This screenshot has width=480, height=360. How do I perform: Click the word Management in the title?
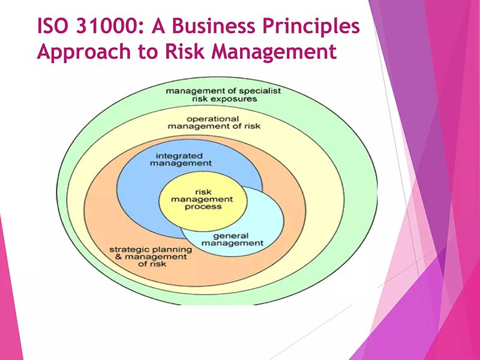tap(274, 52)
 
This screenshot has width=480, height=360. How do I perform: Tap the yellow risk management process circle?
tap(203, 201)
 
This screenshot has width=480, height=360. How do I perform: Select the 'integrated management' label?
tap(181, 160)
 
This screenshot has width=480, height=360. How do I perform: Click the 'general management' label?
tap(232, 239)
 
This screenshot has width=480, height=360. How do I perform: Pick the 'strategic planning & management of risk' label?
tap(151, 257)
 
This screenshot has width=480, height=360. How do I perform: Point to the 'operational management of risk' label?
tap(214, 122)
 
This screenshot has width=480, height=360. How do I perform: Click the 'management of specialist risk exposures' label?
tap(223, 95)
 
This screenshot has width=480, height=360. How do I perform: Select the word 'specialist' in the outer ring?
tap(260, 91)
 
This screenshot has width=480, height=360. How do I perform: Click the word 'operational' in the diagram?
tap(212, 119)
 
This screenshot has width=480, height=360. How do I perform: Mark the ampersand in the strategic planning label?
tap(118, 257)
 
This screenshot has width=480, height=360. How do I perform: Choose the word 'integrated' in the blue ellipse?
tap(179, 156)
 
